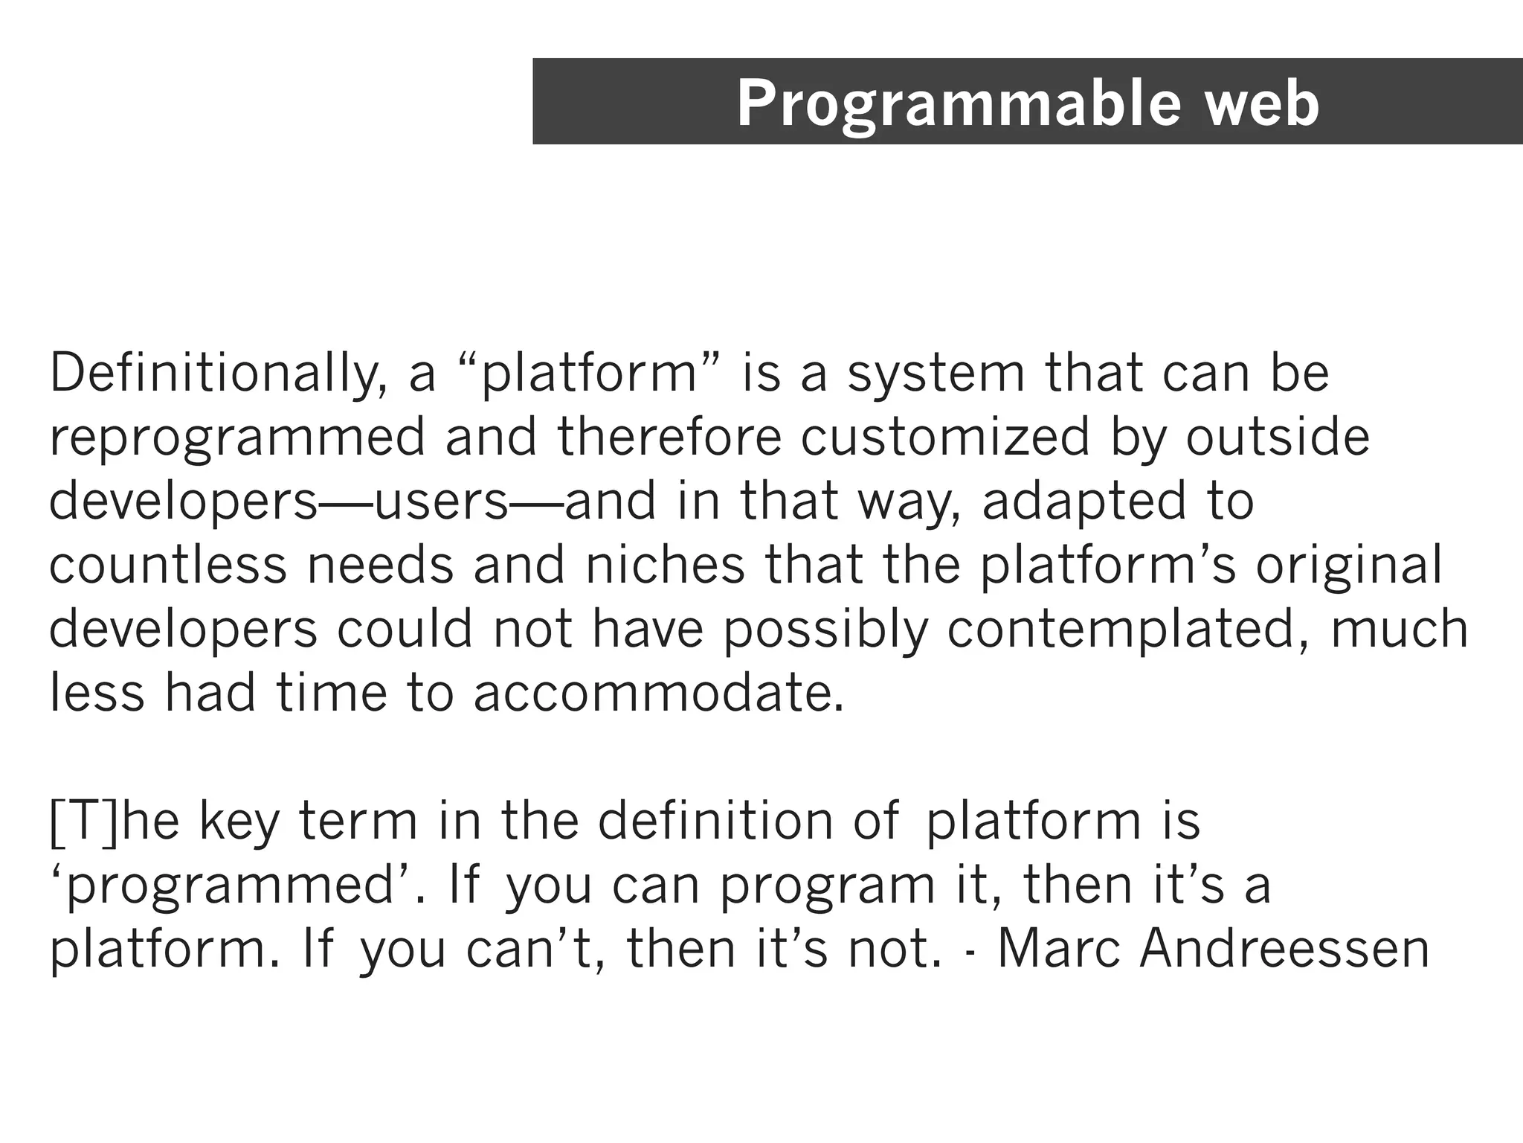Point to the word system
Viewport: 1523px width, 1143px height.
(x=936, y=374)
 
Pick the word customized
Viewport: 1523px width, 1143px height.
(x=945, y=438)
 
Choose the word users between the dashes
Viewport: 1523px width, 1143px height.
(x=442, y=502)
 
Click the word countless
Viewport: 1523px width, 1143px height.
(x=168, y=566)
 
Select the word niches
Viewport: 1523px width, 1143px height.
(x=665, y=566)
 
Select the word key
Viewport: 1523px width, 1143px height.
(x=239, y=823)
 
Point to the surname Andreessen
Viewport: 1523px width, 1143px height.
(x=1284, y=950)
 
